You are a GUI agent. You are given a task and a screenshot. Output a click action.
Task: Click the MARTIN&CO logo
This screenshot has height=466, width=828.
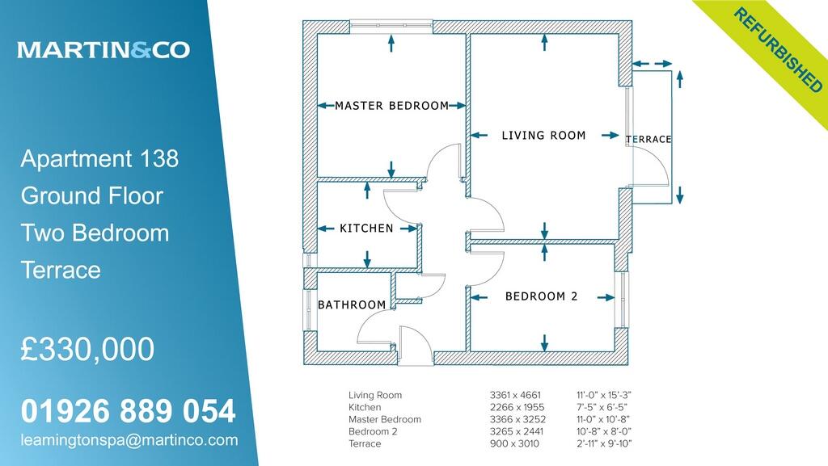(x=103, y=50)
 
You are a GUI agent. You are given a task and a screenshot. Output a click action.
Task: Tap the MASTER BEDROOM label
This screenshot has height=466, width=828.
(x=391, y=106)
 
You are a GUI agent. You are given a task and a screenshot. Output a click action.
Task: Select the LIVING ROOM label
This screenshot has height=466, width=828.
(x=543, y=136)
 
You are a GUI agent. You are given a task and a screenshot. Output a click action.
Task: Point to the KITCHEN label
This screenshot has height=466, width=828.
(x=366, y=229)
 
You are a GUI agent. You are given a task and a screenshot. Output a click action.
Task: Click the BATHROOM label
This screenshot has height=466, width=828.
(x=352, y=305)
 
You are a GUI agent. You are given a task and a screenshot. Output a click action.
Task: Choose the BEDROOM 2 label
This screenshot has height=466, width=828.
(x=541, y=296)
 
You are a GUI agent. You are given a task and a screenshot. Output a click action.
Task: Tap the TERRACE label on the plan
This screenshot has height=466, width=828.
(x=648, y=140)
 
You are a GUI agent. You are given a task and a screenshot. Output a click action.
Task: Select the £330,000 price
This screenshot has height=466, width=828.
(x=87, y=350)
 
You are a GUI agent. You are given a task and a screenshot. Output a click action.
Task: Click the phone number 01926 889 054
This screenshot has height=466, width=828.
(x=129, y=412)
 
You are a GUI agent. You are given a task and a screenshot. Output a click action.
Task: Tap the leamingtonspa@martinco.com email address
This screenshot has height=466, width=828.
(x=129, y=440)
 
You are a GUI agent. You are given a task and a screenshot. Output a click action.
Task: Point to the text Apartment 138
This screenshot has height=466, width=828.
(x=99, y=159)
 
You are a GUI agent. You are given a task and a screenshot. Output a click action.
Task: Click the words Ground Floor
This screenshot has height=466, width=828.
(x=91, y=196)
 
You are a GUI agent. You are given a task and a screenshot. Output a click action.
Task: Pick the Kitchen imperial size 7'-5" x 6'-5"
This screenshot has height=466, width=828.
(x=599, y=407)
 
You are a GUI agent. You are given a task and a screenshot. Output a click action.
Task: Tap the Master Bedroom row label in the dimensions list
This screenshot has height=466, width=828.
(x=384, y=419)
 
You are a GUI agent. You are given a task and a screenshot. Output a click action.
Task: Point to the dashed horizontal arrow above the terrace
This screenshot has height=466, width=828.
(x=653, y=64)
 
